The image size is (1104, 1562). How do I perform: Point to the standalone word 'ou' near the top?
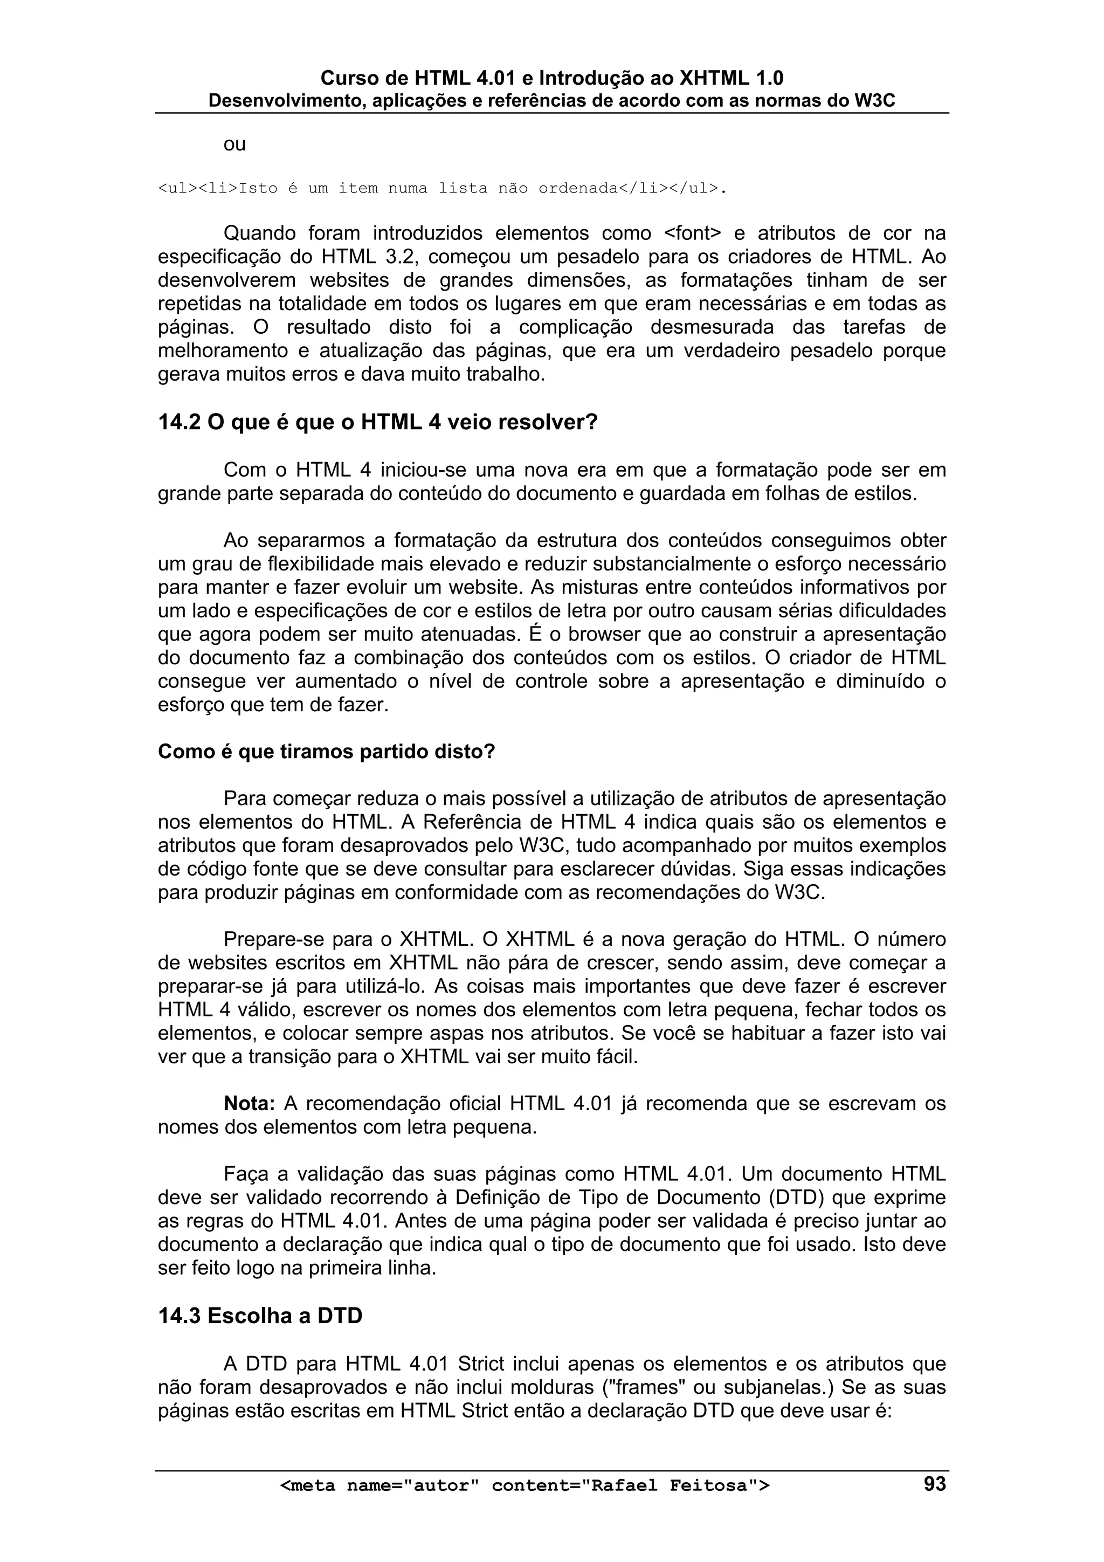[234, 145]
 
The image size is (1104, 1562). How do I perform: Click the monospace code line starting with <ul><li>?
[442, 189]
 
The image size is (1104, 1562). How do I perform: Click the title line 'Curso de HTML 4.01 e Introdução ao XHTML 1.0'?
[551, 78]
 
